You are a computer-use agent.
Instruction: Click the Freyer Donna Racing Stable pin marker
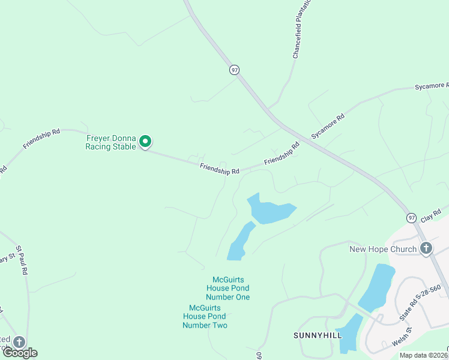click(145, 142)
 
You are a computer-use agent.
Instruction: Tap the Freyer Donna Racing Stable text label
click(110, 142)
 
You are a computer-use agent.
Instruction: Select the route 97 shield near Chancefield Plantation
click(234, 70)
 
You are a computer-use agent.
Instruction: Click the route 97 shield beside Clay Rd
click(411, 217)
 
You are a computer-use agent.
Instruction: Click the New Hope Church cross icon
click(426, 248)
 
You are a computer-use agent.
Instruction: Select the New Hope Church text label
click(383, 249)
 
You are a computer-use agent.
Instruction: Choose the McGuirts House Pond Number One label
click(228, 288)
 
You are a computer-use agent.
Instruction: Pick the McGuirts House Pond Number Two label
click(205, 316)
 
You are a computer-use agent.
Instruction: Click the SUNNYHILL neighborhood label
click(317, 335)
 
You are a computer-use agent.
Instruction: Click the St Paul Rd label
click(22, 260)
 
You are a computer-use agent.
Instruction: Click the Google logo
click(20, 353)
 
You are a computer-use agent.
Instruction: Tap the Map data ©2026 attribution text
click(423, 355)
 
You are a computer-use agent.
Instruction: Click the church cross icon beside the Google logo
click(19, 341)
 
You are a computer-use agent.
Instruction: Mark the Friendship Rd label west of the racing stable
click(41, 138)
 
